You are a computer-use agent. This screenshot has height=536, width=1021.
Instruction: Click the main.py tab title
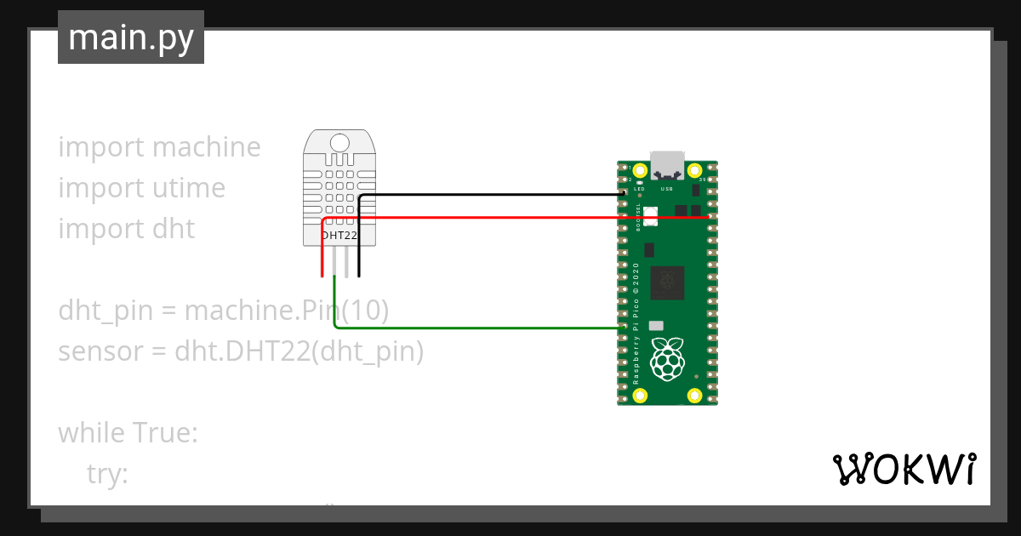(x=131, y=37)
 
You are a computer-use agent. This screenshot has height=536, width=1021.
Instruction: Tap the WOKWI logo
(x=904, y=469)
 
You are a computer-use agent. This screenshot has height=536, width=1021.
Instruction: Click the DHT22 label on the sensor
(x=339, y=235)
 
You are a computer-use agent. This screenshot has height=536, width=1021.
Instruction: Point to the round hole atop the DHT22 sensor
(x=339, y=142)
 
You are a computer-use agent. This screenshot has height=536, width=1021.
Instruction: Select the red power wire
(x=510, y=218)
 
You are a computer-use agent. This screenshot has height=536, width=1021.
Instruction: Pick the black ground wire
(x=493, y=195)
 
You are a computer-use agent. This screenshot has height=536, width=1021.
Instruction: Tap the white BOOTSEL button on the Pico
(x=651, y=216)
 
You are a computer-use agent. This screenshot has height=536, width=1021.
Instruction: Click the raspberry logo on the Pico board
(x=667, y=358)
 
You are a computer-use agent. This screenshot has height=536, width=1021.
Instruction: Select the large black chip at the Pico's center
(x=667, y=283)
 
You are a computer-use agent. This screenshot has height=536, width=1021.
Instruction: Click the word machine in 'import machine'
(x=208, y=147)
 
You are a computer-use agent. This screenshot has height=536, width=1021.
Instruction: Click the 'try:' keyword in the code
(x=107, y=474)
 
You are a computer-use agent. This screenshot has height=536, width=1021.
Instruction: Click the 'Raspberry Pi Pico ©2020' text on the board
(x=636, y=323)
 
